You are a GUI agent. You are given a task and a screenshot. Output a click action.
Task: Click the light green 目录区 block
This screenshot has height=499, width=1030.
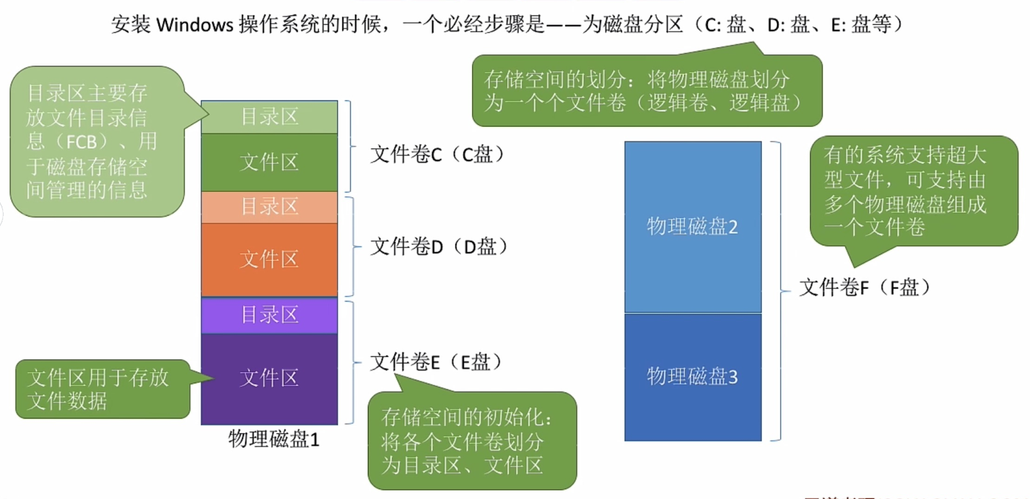(x=269, y=117)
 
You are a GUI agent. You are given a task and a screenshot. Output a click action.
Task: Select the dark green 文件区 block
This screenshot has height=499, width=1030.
(x=269, y=162)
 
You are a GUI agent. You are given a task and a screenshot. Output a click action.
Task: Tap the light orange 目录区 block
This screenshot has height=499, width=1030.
(x=269, y=207)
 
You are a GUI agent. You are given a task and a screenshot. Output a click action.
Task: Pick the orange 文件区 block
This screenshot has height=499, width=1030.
(x=269, y=259)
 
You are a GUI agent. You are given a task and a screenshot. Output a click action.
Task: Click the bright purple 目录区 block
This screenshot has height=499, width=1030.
(x=269, y=315)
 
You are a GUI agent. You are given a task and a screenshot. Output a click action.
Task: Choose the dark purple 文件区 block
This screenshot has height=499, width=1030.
(x=269, y=378)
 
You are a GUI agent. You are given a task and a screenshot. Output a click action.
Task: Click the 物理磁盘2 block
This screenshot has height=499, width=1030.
(x=692, y=227)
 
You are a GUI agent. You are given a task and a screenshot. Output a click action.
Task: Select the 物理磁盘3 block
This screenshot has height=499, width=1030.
(x=692, y=376)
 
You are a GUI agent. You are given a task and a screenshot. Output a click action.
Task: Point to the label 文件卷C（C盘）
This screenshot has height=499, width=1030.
(x=437, y=154)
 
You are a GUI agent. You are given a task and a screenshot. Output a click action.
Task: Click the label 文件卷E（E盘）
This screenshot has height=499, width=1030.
(x=435, y=362)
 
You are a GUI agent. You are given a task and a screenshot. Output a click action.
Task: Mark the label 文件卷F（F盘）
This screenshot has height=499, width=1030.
(x=865, y=287)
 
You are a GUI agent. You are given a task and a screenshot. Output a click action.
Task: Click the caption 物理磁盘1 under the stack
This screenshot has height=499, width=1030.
(x=274, y=439)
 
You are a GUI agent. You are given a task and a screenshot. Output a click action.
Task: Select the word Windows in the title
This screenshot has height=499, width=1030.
(x=194, y=25)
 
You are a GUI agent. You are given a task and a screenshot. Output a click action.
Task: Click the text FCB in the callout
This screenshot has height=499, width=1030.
(x=81, y=142)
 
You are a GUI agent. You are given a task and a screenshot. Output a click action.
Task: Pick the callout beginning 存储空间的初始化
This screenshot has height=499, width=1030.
(x=471, y=441)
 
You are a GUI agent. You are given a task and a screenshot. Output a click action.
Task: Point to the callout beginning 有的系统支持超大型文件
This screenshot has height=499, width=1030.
(x=913, y=191)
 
